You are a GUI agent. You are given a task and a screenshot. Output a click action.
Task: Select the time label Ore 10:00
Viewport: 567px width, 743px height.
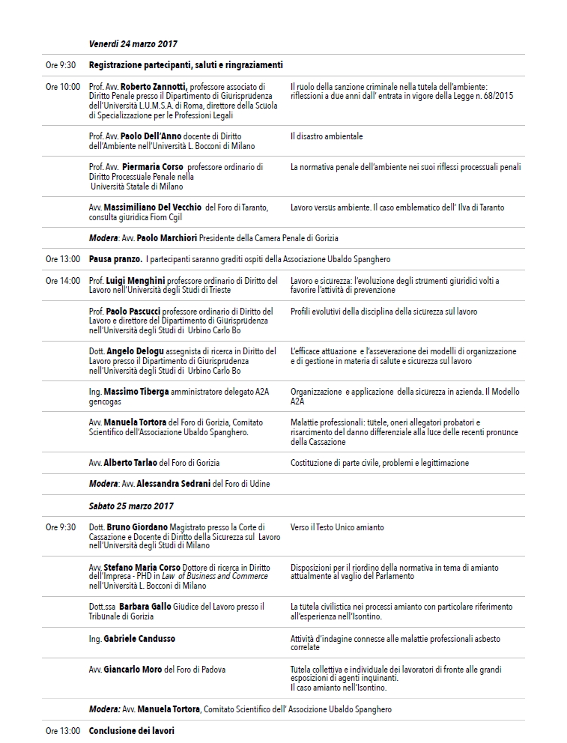click(x=63, y=87)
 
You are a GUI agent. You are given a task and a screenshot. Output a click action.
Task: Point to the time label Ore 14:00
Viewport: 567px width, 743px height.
click(x=63, y=281)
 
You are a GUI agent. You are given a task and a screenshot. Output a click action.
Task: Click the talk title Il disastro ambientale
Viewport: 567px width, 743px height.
click(x=327, y=136)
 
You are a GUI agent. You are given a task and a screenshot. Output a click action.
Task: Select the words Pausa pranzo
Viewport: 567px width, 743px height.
click(x=116, y=259)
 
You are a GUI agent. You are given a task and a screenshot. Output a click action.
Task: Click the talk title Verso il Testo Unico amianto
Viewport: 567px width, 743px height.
click(x=337, y=527)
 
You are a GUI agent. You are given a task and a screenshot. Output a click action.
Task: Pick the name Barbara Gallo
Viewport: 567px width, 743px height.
click(x=145, y=607)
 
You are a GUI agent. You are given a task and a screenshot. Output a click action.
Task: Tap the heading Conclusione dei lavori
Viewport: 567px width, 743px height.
click(x=131, y=730)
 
